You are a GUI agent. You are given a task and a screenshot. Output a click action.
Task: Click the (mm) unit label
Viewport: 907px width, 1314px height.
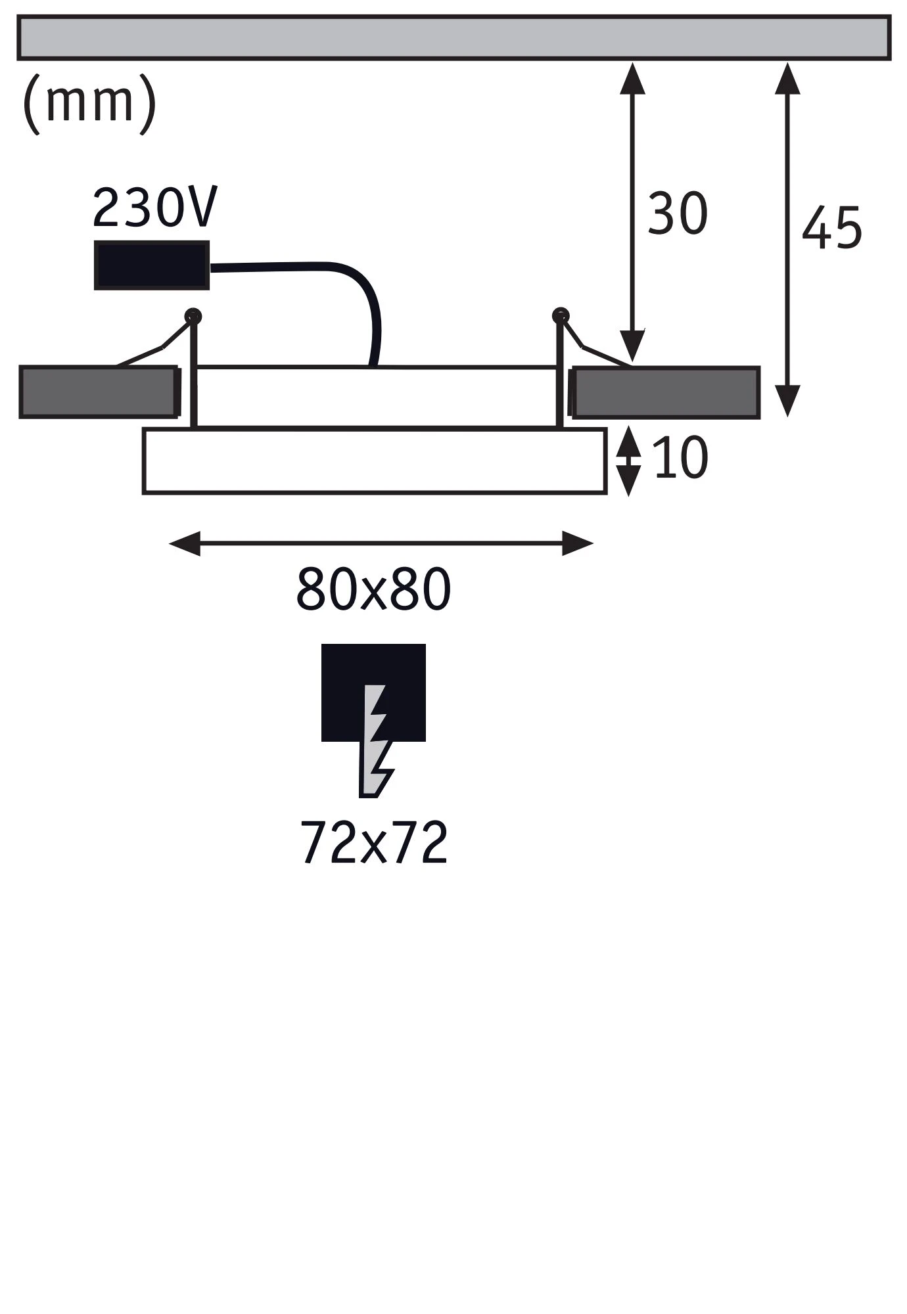[x=89, y=103]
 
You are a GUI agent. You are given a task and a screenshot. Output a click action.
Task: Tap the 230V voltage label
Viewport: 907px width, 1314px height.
[x=155, y=208]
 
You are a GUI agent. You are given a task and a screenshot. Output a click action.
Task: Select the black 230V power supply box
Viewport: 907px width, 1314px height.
[x=152, y=265]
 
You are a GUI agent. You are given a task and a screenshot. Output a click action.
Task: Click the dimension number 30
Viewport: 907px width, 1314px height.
[x=678, y=214]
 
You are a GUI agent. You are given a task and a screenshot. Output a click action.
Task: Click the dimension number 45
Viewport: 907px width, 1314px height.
[x=832, y=227]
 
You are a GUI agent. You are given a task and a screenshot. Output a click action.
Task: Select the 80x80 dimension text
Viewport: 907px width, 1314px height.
[x=373, y=589]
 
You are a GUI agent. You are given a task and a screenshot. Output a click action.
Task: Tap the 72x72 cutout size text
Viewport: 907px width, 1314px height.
[x=374, y=842]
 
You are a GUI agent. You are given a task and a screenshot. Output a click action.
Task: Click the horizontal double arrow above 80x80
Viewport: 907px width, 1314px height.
[x=381, y=544]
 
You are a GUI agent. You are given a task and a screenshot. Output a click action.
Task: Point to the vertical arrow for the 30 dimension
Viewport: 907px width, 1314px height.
[x=632, y=212]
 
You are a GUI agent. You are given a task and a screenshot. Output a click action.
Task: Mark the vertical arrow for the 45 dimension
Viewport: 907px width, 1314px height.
[x=787, y=239]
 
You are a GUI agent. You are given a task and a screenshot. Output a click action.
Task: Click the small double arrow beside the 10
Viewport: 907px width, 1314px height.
[x=629, y=461]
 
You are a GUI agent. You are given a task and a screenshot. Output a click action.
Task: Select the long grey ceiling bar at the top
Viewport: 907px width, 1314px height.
[x=454, y=37]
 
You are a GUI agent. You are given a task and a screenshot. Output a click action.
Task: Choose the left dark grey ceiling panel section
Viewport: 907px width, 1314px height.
[x=99, y=392]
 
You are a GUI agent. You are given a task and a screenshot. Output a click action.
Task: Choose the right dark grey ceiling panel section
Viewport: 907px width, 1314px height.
[x=664, y=392]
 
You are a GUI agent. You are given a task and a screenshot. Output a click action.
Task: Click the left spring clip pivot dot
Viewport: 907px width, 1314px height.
[x=193, y=316]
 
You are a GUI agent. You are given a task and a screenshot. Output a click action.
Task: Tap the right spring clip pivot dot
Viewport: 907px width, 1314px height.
[x=560, y=315]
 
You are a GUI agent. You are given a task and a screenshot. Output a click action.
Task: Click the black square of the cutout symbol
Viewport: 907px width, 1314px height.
[x=373, y=692]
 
